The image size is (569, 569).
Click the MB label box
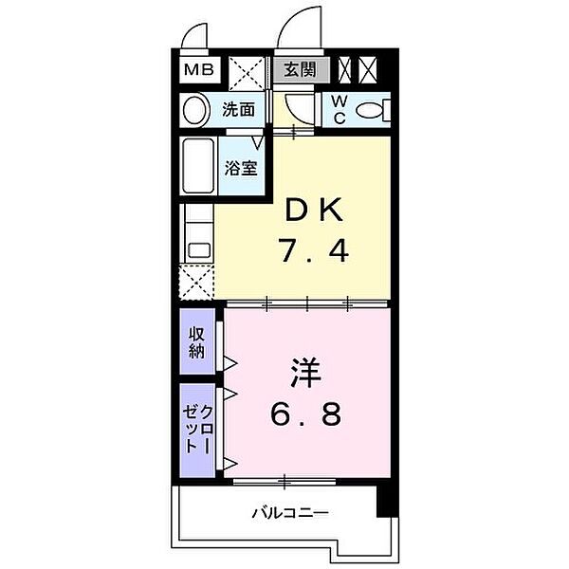pos(198,69)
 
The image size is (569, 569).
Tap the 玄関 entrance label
pos(303,69)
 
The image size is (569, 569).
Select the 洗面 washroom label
pos(238,110)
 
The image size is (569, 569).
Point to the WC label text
pos(338,111)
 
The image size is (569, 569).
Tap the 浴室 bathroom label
pos(240,168)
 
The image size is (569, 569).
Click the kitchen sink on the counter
pos(198,250)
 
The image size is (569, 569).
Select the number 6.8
pos(303,414)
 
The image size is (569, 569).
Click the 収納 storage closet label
pos(197,341)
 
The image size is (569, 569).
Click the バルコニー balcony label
pos(290,513)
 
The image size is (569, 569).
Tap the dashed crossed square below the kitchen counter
pos(197,282)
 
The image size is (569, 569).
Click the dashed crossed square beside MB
pos(246,71)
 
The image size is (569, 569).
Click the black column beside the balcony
pos(384,499)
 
